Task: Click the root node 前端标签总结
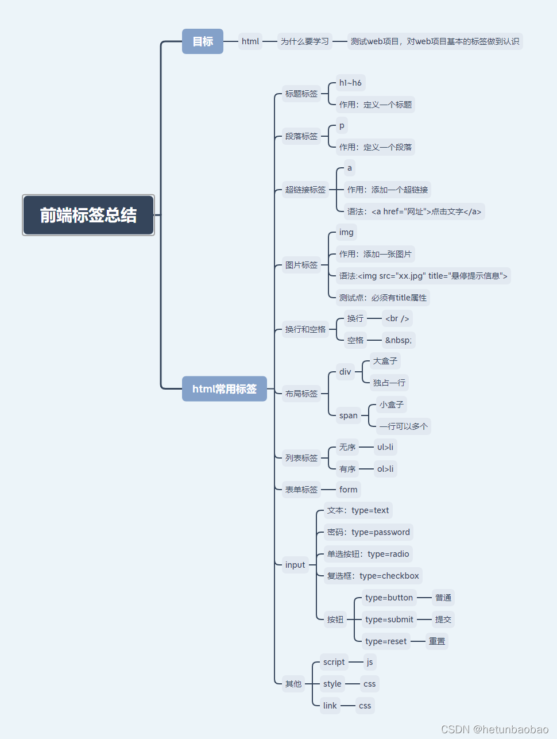pos(88,215)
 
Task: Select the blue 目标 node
pos(202,41)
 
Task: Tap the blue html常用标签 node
pos(224,389)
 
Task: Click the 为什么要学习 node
pos(304,41)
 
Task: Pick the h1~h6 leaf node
pos(350,83)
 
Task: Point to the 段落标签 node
pos(301,136)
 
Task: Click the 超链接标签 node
pos(305,190)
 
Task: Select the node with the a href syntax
pos(414,211)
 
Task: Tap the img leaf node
pos(346,232)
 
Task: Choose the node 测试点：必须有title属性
pos(382,298)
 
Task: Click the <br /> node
pos(397,318)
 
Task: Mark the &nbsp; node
pos(398,340)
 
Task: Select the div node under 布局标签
pos(345,372)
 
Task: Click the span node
pos(348,415)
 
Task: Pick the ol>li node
pos(385,469)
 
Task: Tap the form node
pos(348,490)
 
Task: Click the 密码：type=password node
pos(368,532)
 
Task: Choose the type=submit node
pos(389,619)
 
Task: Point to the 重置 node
pos(436,641)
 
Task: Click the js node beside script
pos(369,662)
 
